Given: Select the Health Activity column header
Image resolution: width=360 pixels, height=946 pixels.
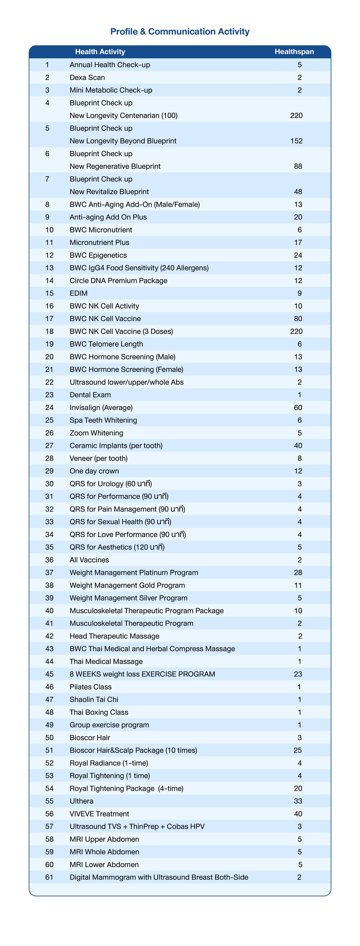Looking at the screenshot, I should click(x=100, y=52).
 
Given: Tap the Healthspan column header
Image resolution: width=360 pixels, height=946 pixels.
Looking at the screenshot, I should click(x=294, y=52).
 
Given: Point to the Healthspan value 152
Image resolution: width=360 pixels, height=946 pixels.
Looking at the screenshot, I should click(x=296, y=141).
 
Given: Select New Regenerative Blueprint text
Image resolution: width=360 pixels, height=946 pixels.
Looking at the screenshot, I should click(x=115, y=166).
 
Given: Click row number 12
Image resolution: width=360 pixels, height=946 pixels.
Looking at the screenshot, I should click(x=49, y=255).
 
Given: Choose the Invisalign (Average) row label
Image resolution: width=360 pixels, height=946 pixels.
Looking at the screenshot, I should click(x=101, y=408).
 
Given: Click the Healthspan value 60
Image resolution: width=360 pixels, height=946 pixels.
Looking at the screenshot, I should click(x=298, y=408).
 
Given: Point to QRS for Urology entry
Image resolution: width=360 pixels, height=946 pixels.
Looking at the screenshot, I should click(x=111, y=484).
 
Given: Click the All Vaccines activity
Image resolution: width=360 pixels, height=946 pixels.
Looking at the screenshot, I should click(x=89, y=560).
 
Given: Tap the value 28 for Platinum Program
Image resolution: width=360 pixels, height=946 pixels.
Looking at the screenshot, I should click(x=298, y=572).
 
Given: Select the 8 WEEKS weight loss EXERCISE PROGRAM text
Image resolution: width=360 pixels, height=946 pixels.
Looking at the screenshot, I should click(x=142, y=674).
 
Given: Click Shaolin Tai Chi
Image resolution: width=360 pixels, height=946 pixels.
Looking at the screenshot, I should click(x=94, y=700).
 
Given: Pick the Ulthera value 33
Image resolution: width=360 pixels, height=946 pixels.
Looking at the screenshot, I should click(x=298, y=801).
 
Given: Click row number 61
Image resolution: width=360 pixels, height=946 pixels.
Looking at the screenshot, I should click(x=49, y=877).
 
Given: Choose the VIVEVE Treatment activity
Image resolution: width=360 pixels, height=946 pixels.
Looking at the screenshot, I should click(x=99, y=814).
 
